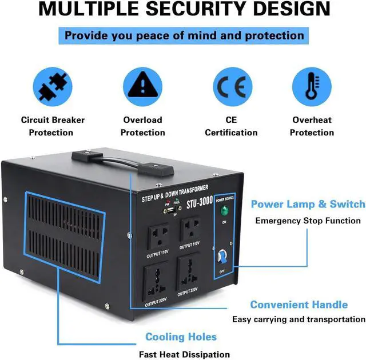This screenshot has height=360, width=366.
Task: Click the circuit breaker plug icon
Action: point(53,86)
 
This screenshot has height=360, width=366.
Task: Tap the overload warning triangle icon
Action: point(142,86)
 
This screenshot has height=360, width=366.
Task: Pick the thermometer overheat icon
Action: point(312,86)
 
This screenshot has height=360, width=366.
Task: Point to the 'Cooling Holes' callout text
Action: point(181,337)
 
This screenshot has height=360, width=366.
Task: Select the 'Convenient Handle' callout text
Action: point(299,305)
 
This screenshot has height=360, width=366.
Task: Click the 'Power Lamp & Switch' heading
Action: point(308,204)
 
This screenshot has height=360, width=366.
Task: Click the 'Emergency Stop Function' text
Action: point(308,221)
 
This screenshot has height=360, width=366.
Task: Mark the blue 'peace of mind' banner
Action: point(184,35)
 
